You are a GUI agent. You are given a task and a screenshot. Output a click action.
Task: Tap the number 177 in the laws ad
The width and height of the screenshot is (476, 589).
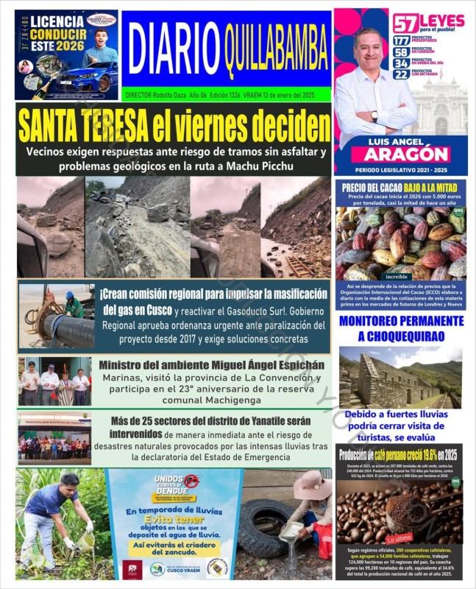pyautogui.click(x=402, y=40)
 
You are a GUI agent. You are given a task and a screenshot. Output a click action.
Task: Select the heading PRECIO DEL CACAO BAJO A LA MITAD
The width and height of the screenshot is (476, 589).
pyautogui.click(x=402, y=187)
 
